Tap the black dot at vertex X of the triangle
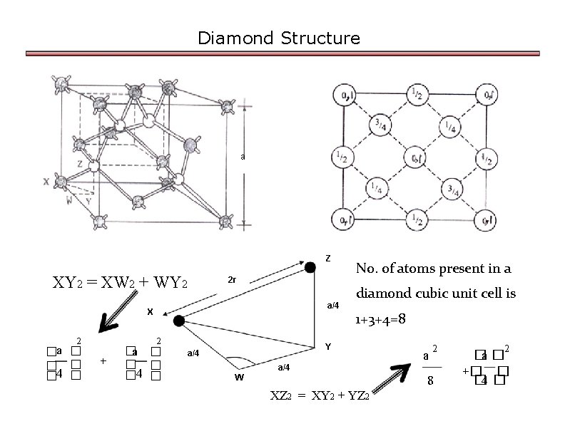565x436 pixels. click(178, 321)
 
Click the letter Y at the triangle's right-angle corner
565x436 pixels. click(327, 347)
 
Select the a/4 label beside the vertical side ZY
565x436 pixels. click(333, 306)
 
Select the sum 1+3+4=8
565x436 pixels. click(381, 319)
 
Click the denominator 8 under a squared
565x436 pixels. click(429, 381)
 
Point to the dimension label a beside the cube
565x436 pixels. click(243, 157)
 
